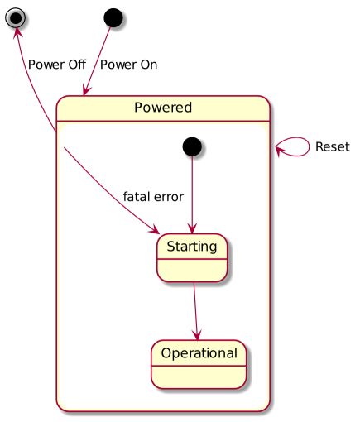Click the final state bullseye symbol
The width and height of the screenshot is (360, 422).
[x=16, y=17]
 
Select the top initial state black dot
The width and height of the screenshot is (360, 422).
[x=113, y=17]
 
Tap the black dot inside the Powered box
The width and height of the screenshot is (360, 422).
[x=192, y=146]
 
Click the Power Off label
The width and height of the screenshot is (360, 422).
[x=57, y=65]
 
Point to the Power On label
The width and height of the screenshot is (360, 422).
[x=128, y=65]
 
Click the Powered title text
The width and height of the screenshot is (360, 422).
[x=163, y=108]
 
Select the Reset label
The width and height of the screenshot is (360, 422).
[x=333, y=146]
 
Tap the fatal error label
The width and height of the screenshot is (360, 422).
[x=153, y=197]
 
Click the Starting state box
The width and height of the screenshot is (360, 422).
[x=192, y=257]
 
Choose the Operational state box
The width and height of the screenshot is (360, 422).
[x=199, y=364]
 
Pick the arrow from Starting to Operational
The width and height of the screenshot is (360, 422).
[x=195, y=311]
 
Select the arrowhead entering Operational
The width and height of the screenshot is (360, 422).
[x=197, y=334]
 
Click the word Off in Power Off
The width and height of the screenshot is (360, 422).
[x=77, y=65]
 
